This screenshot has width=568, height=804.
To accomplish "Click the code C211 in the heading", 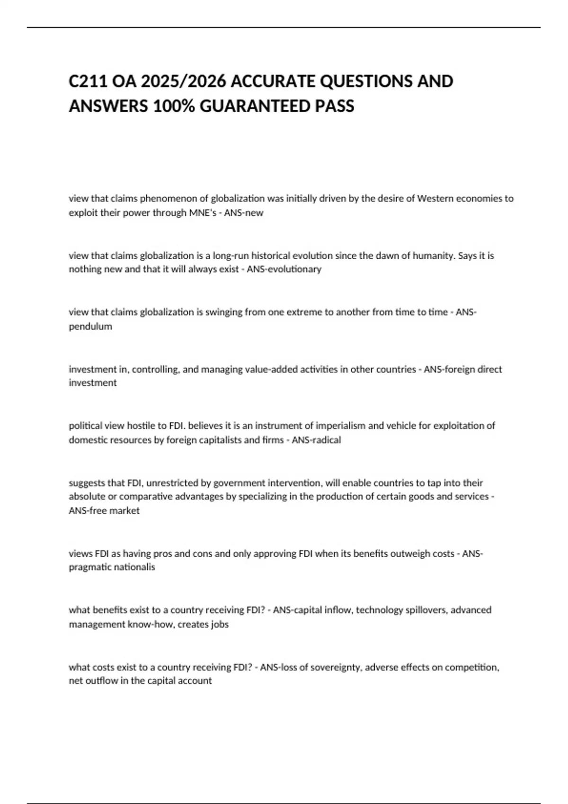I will tap(88, 81).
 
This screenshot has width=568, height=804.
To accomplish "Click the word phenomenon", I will tap(167, 199).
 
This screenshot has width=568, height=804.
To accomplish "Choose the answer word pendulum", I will tap(90, 326).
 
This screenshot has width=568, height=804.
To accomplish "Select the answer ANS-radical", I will tap(316, 440).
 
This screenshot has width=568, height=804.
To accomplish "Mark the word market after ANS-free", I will tap(125, 511).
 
